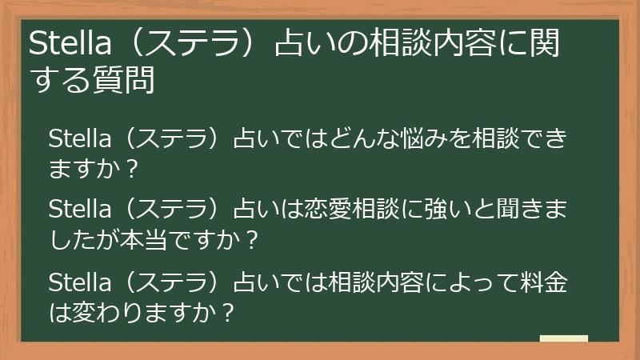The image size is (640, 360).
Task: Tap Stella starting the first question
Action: (77, 138)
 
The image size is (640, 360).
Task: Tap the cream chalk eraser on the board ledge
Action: (564, 338)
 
